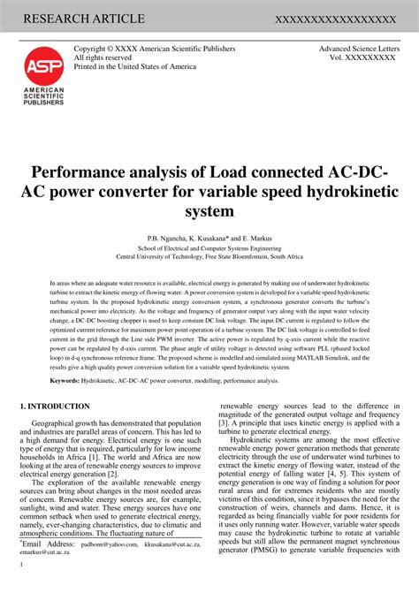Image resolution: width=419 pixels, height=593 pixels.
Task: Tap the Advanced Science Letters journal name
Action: (x=358, y=49)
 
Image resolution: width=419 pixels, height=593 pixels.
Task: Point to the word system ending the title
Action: (x=209, y=211)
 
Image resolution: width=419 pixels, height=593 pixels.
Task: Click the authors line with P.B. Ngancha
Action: (x=209, y=238)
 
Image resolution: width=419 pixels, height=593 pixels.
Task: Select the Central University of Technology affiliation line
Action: (x=209, y=257)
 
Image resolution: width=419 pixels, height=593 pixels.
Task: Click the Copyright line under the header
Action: (x=148, y=49)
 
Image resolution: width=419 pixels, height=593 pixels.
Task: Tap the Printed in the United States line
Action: (x=134, y=66)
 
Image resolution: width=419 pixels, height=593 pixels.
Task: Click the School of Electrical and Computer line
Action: (x=209, y=248)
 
